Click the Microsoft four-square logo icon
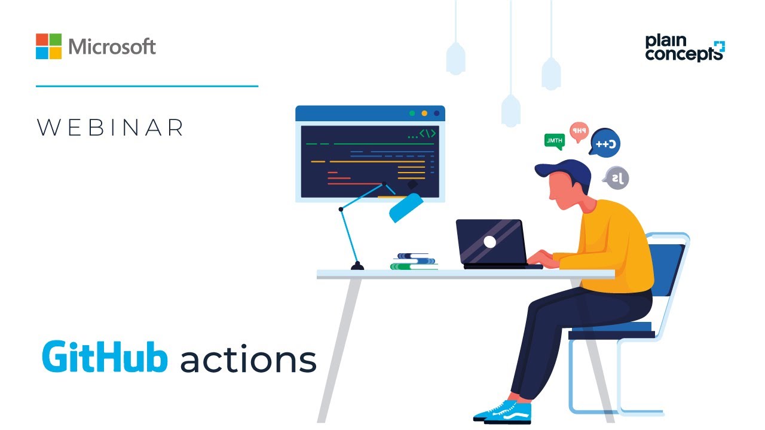(48, 46)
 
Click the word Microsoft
(112, 47)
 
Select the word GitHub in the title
(105, 358)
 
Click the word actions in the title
(248, 360)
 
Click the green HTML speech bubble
(554, 141)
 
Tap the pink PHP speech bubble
(579, 131)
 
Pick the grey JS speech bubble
(616, 177)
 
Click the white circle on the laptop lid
(489, 241)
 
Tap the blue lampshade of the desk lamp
(406, 207)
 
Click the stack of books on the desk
(414, 262)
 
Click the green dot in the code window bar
(411, 113)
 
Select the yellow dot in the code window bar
(424, 113)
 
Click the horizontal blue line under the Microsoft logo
(147, 86)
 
